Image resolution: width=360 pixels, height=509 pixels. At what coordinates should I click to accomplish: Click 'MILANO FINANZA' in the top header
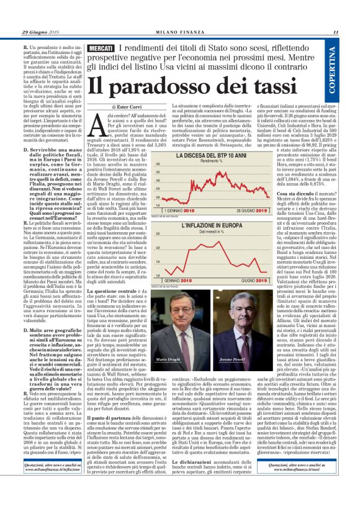coord(181,33)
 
